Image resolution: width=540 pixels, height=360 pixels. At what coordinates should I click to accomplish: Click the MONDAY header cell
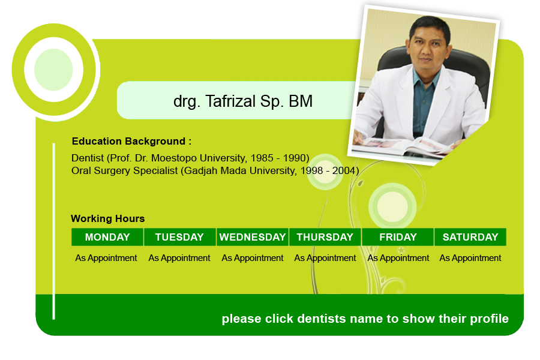click(x=107, y=237)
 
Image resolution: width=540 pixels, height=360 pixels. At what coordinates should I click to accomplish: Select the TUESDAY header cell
click(x=180, y=237)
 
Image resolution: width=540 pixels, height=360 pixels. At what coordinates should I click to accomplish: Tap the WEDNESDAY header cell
click(x=253, y=237)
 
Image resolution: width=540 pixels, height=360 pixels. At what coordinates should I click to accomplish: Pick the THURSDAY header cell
click(x=325, y=237)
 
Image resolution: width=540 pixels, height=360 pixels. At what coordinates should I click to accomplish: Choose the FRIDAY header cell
click(x=398, y=237)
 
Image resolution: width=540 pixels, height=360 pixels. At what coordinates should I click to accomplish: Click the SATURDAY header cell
click(x=470, y=237)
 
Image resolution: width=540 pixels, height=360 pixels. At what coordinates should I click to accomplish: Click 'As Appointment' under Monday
click(x=106, y=258)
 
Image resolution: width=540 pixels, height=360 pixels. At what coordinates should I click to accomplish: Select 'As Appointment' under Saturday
click(x=470, y=258)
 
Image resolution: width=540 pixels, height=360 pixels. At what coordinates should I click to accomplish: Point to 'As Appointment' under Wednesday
click(x=253, y=258)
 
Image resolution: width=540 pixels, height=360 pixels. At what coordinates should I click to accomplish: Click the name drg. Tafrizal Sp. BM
click(x=243, y=101)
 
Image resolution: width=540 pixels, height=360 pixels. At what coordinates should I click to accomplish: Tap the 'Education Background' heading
click(x=131, y=141)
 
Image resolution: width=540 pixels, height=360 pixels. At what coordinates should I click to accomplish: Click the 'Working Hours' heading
click(x=108, y=219)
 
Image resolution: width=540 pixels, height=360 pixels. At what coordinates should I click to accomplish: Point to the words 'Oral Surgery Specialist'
click(x=125, y=171)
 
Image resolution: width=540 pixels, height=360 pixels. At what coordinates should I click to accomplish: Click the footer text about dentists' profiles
click(x=365, y=319)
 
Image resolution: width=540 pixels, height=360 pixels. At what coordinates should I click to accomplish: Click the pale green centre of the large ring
click(x=53, y=70)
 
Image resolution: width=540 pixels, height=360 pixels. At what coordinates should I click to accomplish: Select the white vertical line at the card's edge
click(x=54, y=232)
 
